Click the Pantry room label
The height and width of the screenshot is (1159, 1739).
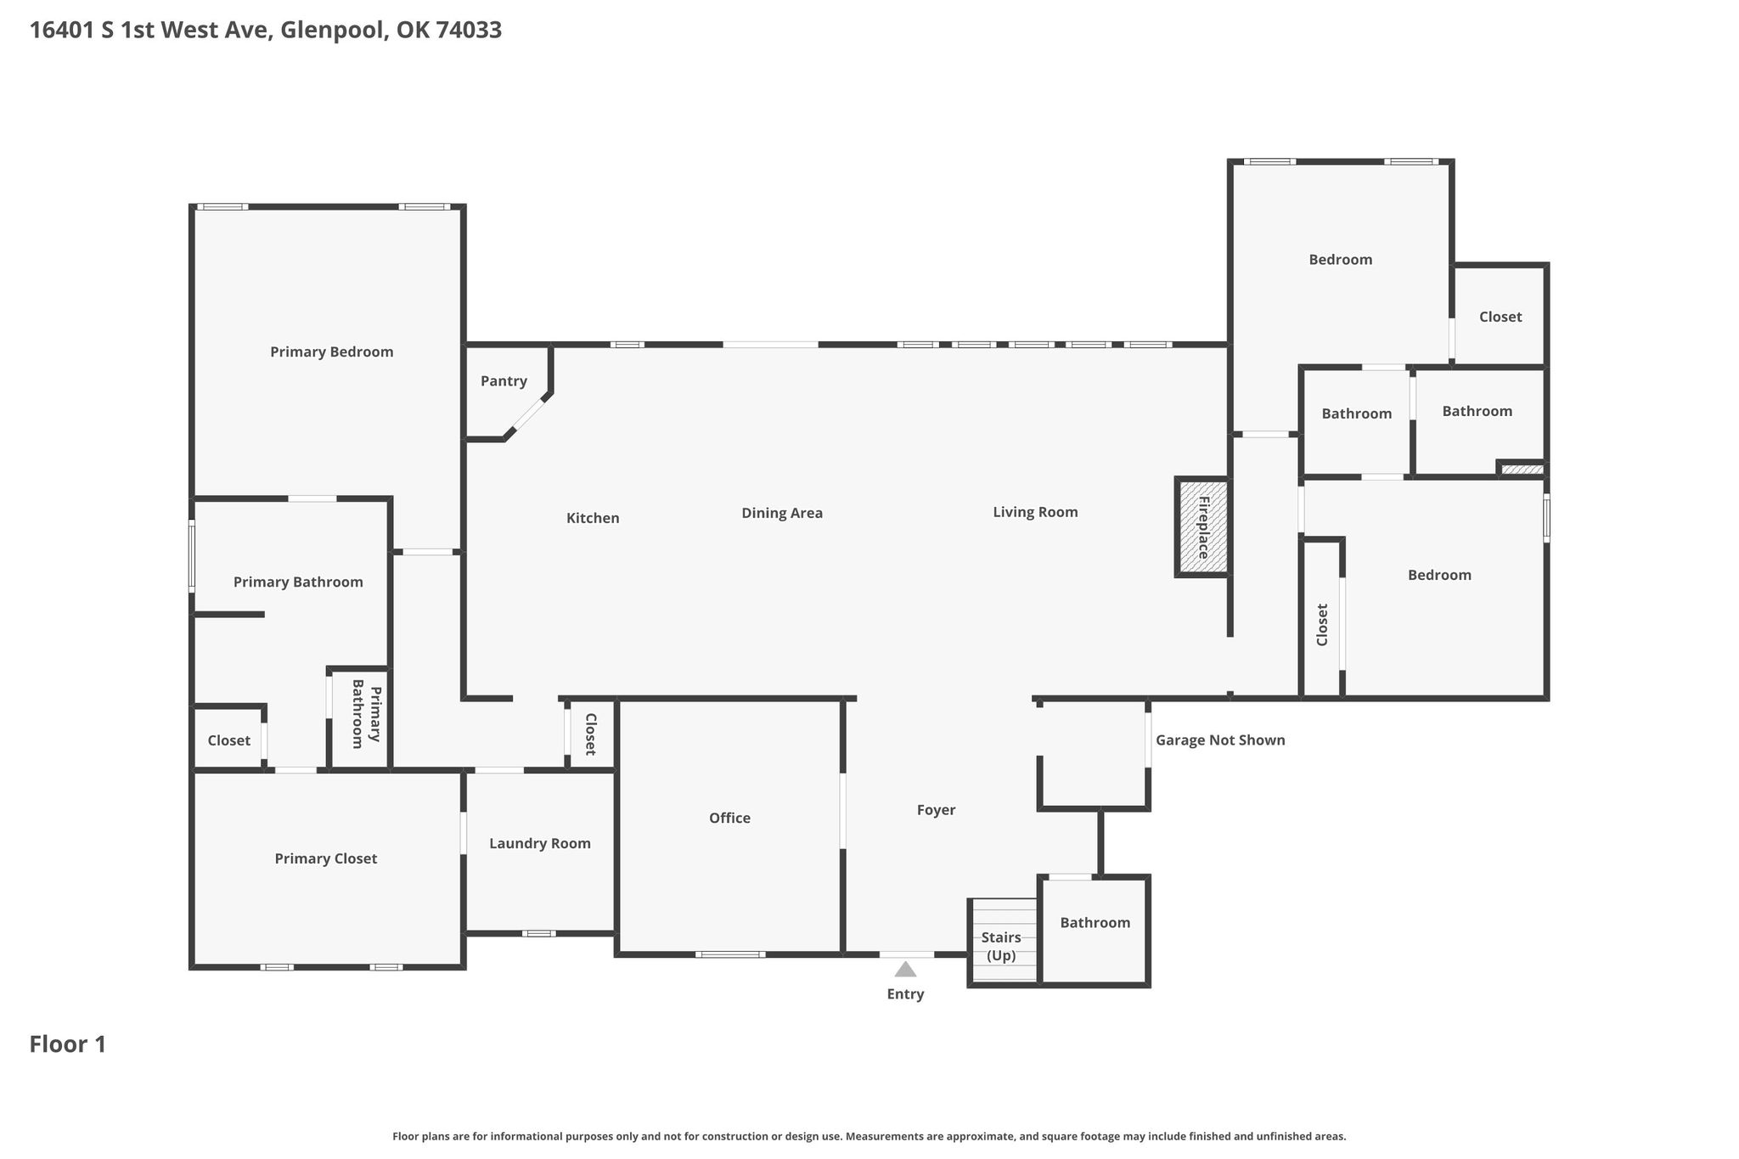pyautogui.click(x=504, y=381)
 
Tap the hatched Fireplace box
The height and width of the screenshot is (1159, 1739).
pyautogui.click(x=1203, y=527)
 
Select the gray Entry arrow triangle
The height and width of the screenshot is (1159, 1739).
pyautogui.click(x=906, y=969)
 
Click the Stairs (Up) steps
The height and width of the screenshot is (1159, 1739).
pyautogui.click(x=1004, y=941)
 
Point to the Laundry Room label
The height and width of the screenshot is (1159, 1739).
pyautogui.click(x=540, y=843)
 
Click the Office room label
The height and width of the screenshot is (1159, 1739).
pyautogui.click(x=730, y=818)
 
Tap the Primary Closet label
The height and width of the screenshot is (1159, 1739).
pyautogui.click(x=326, y=858)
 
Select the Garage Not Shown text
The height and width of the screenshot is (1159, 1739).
pyautogui.click(x=1220, y=740)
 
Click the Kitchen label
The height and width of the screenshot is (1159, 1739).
pyautogui.click(x=593, y=518)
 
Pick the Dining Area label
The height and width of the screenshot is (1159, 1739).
pyautogui.click(x=782, y=513)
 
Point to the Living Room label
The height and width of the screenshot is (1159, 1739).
pyautogui.click(x=1035, y=512)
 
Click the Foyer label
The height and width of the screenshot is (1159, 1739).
pyautogui.click(x=937, y=810)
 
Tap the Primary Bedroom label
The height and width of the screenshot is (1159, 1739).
pyautogui.click(x=332, y=352)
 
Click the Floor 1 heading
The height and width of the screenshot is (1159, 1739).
pyautogui.click(x=68, y=1044)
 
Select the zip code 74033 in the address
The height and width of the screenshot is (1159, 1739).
pyautogui.click(x=469, y=31)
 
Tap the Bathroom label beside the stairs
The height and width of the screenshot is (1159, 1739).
pyautogui.click(x=1095, y=922)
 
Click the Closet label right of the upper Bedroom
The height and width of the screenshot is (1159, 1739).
pyautogui.click(x=1500, y=317)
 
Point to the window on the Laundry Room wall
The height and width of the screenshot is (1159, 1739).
pyautogui.click(x=539, y=933)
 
